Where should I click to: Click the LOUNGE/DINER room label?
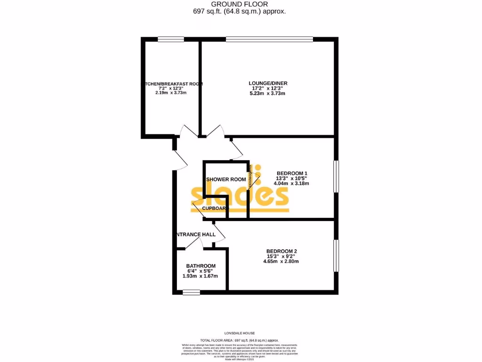[268, 83]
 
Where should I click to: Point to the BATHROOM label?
[201, 266]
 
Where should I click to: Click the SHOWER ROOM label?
[226, 180]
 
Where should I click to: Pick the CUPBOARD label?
[215, 208]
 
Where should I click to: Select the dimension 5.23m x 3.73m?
[268, 93]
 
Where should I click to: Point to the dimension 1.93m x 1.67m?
[201, 276]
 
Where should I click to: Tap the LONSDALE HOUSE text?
[240, 333]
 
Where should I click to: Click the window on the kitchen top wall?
[170, 39]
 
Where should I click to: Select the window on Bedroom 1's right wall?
[336, 176]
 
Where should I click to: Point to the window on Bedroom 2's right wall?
[336, 256]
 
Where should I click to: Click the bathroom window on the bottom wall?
[191, 292]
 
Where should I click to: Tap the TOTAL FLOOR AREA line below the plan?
[240, 340]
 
